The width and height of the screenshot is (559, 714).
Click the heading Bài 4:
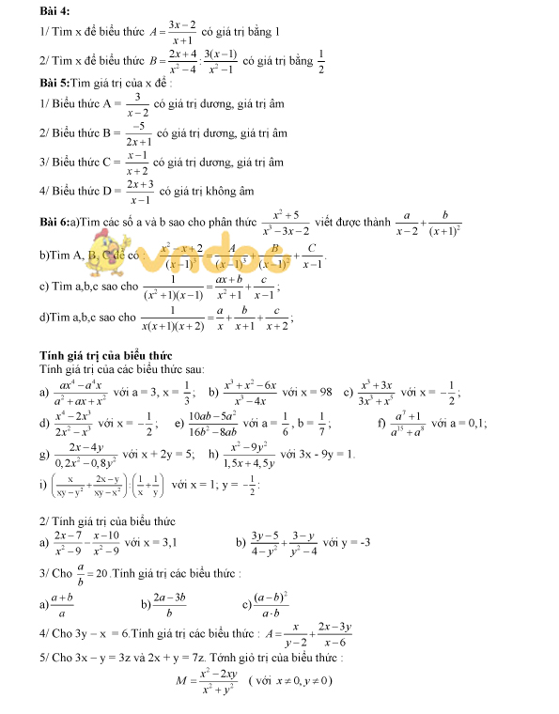pyautogui.click(x=55, y=10)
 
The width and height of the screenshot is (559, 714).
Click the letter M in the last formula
pyautogui.click(x=181, y=680)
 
